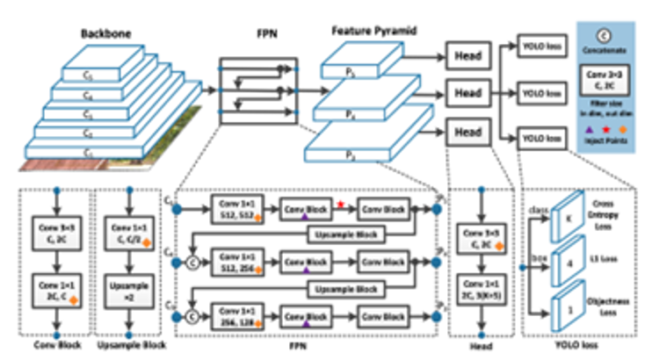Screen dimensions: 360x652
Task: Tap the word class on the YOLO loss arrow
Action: (538, 211)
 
